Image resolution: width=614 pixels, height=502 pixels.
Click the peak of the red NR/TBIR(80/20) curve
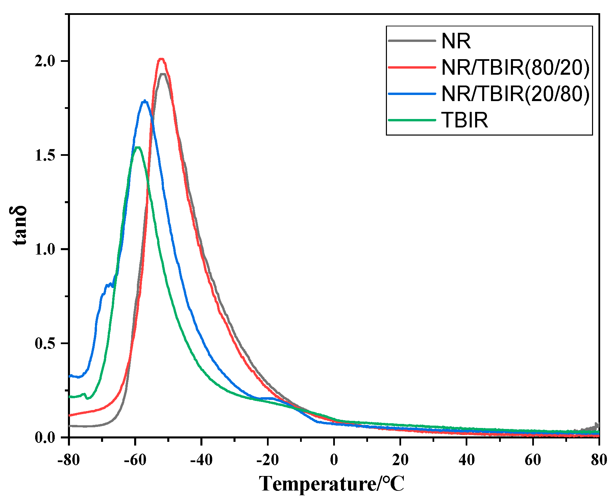162,59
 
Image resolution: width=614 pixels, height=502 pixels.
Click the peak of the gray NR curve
163,74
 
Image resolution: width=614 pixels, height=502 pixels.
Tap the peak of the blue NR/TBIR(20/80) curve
145,100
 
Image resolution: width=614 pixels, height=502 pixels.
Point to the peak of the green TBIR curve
138,147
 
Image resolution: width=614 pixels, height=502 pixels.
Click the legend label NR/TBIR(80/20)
515,67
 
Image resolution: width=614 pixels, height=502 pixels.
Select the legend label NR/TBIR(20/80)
515,94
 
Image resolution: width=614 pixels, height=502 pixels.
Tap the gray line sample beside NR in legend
412,41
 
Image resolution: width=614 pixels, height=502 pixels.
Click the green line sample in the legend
412,120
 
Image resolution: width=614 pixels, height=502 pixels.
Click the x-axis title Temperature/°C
332,484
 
